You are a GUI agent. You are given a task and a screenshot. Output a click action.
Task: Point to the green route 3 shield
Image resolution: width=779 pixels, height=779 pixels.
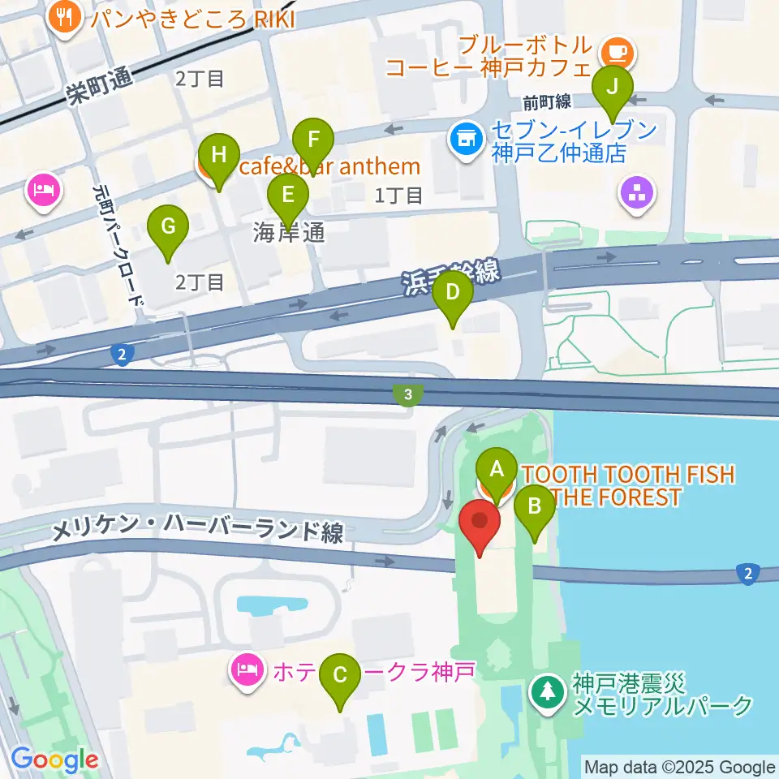click(x=407, y=395)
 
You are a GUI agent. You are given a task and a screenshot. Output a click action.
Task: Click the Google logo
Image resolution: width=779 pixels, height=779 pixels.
click(x=54, y=760)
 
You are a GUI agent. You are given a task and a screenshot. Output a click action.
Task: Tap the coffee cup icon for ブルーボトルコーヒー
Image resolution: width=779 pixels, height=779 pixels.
click(x=618, y=54)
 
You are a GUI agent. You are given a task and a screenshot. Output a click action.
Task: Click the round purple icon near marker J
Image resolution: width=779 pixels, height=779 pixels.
click(x=636, y=193)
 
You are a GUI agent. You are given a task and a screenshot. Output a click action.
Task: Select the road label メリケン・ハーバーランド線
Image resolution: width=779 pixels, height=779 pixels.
click(x=197, y=532)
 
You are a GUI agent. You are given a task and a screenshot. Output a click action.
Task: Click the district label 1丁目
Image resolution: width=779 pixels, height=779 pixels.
click(x=398, y=195)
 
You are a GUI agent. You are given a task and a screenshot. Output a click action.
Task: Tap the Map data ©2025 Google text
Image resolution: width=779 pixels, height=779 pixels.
click(x=680, y=767)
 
